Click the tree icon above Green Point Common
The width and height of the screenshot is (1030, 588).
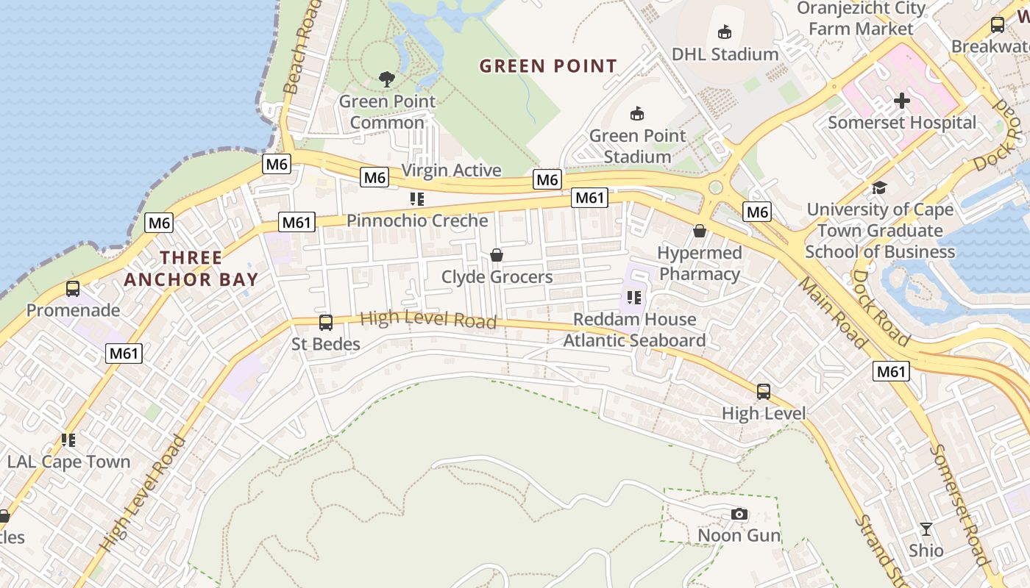click(386, 79)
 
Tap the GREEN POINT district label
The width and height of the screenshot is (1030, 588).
click(548, 66)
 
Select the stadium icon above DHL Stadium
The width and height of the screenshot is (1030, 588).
click(725, 32)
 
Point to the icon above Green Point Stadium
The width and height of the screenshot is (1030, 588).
click(637, 114)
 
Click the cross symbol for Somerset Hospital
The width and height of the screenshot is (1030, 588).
click(902, 101)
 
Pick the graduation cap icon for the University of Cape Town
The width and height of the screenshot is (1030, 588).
click(879, 187)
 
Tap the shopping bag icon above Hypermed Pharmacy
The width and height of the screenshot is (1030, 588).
click(699, 231)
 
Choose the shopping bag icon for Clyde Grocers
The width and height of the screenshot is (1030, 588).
click(497, 255)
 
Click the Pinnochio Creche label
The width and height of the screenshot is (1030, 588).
click(417, 220)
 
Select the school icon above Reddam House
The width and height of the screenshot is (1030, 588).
click(634, 298)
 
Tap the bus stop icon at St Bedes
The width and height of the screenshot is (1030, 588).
click(325, 322)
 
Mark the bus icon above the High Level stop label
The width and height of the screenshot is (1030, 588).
click(764, 391)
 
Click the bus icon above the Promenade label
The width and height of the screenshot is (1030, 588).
click(73, 288)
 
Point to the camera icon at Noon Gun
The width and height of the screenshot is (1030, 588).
click(739, 514)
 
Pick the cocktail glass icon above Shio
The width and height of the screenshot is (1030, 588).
click(926, 528)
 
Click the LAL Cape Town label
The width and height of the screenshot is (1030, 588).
click(68, 462)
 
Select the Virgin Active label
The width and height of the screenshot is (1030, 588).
click(451, 171)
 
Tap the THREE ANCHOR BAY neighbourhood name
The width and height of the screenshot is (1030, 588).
click(191, 268)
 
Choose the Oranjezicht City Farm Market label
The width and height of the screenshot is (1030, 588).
click(861, 18)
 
